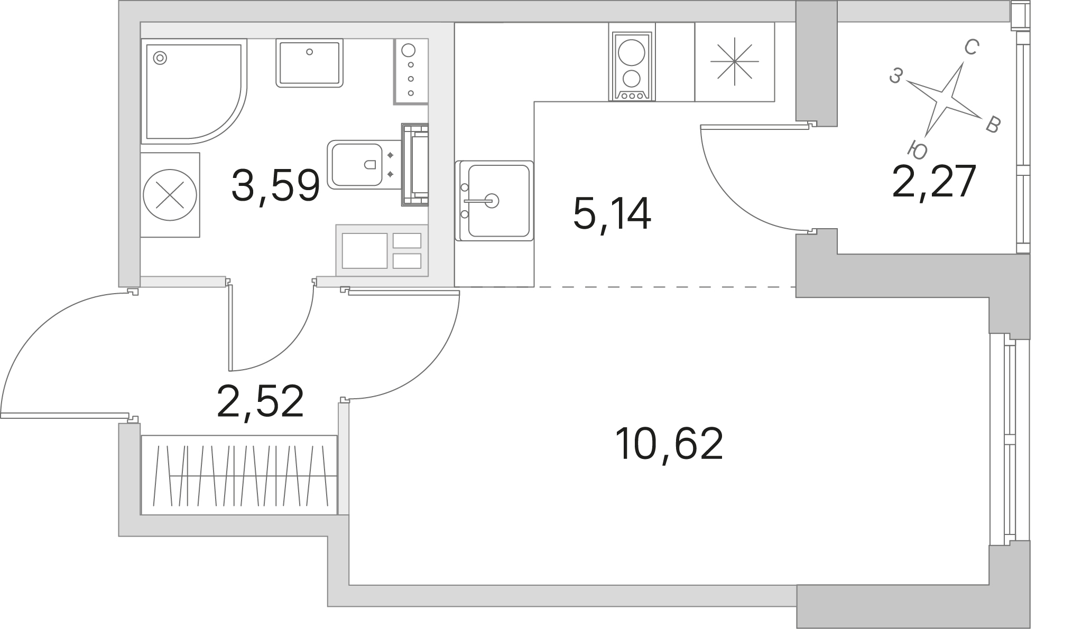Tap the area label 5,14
point(612,214)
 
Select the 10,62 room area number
point(669,444)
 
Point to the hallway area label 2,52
point(260,401)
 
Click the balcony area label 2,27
point(933,182)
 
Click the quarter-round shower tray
point(193,91)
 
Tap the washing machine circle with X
point(170,195)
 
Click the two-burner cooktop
point(632,66)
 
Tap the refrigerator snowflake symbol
point(734,61)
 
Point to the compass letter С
point(970,49)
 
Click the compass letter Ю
point(918,149)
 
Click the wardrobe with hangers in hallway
point(239,475)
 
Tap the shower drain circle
point(160,57)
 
